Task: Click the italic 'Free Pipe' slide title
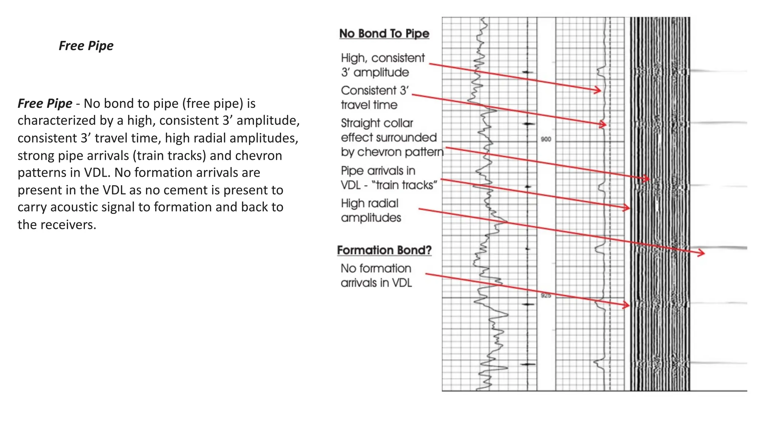[86, 46]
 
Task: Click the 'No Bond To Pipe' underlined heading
[384, 33]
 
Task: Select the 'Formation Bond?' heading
[384, 250]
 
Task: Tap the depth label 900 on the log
[546, 139]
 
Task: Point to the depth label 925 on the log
[546, 296]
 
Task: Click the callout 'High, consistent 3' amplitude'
[382, 65]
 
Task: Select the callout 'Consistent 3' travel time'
[374, 98]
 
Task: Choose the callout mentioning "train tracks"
[389, 178]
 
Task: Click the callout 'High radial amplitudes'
[371, 210]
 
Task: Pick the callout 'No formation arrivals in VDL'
[376, 276]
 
